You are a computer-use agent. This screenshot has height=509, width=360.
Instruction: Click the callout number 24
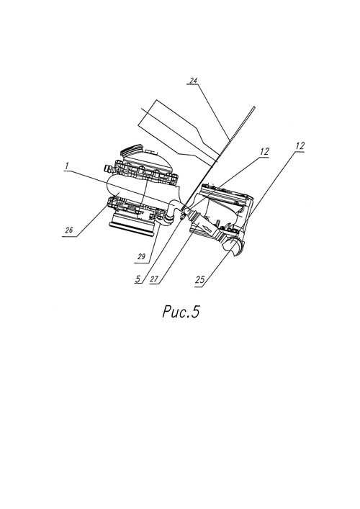(x=194, y=81)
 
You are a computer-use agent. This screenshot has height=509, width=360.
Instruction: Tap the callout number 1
(x=66, y=166)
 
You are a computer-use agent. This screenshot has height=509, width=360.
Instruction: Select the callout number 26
(x=68, y=230)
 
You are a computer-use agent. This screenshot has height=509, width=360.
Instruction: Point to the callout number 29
(x=141, y=257)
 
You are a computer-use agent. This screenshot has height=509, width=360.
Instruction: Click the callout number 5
(x=138, y=279)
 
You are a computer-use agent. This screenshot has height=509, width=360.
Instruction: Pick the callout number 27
(x=154, y=279)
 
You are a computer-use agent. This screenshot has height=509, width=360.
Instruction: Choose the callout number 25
(x=200, y=279)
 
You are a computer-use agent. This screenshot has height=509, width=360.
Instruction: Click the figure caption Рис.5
(x=181, y=312)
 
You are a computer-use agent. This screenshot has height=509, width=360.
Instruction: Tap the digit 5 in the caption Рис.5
(x=195, y=312)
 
